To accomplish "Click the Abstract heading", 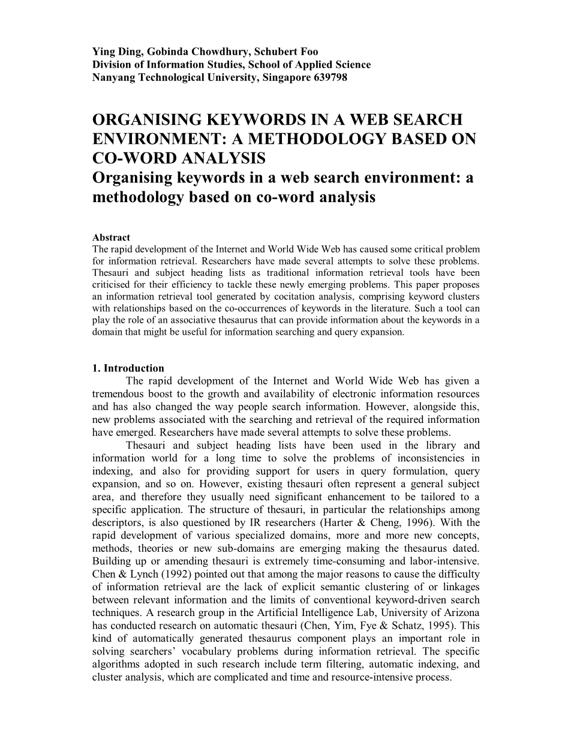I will [x=111, y=238].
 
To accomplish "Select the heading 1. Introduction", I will [x=128, y=368].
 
